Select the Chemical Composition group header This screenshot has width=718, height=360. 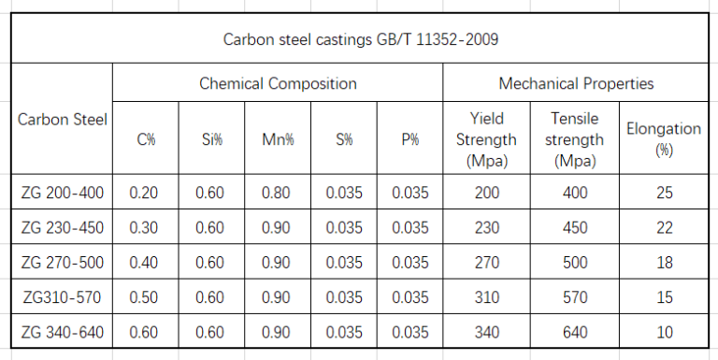[x=278, y=83]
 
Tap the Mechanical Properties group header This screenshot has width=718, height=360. [x=576, y=83]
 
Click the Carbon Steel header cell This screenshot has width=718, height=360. [x=63, y=119]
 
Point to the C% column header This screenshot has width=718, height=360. [x=146, y=139]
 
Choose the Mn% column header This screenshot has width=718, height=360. [x=278, y=139]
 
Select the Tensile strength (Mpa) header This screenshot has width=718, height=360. [x=576, y=139]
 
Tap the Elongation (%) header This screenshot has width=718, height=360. [x=664, y=139]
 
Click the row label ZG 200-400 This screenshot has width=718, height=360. [x=63, y=194]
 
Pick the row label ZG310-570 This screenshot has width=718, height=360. [x=63, y=297]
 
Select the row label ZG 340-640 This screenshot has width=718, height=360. [x=63, y=331]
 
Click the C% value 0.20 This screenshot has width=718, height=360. [x=146, y=194]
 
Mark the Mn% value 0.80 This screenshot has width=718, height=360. [x=278, y=194]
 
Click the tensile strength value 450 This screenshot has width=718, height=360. [x=576, y=228]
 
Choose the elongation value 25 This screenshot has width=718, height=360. [x=665, y=194]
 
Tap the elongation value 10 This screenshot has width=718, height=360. [x=665, y=331]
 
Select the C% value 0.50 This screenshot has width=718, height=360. [x=146, y=297]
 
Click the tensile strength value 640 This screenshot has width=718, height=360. [x=576, y=331]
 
